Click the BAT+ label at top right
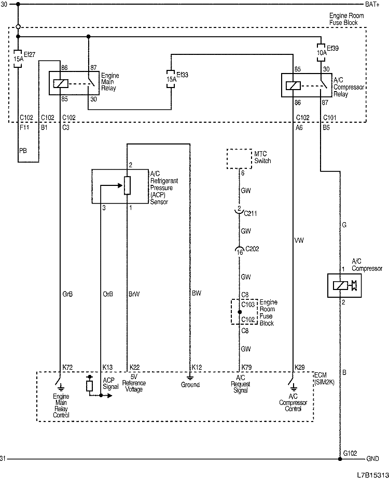372,5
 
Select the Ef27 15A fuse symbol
19,59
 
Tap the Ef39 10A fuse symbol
321,52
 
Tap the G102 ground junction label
350,453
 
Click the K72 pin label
67,367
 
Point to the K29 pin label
299,367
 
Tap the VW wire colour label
299,241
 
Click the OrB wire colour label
108,294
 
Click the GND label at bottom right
372,459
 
